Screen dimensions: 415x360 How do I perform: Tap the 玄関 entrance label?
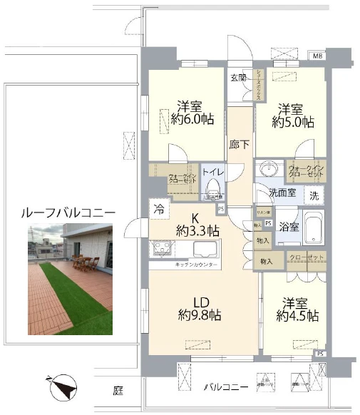point(238,77)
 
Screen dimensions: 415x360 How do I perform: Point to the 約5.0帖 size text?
point(293,121)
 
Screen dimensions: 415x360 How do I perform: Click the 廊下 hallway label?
point(240,144)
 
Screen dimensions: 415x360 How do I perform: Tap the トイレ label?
point(213,172)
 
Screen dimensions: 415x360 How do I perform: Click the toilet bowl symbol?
point(213,188)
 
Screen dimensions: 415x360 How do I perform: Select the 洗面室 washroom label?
point(282,193)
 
